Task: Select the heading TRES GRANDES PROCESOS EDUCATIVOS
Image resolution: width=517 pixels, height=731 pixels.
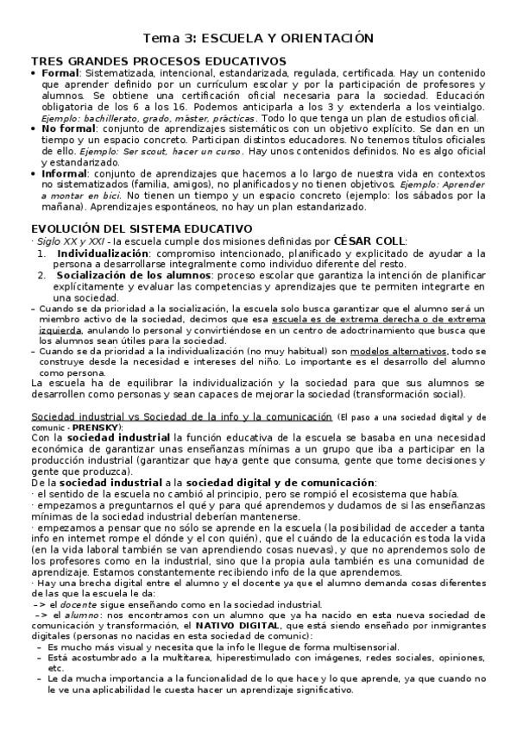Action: pos(158,61)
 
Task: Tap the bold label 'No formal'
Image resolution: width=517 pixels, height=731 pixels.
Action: pos(67,128)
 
